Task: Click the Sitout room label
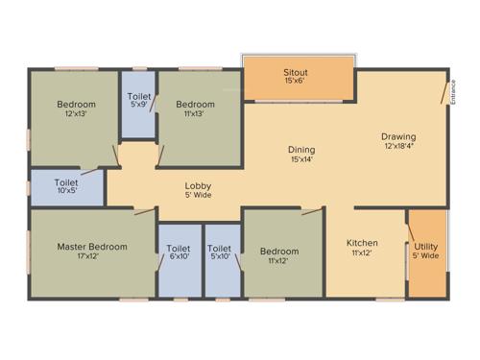(295, 72)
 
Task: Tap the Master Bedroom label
(91, 247)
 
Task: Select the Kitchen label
(362, 243)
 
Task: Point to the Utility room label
(426, 247)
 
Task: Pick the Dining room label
(301, 150)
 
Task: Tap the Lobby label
(199, 185)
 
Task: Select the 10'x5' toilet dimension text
(66, 190)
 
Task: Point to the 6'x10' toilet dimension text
(180, 256)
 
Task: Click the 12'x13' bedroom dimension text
(76, 113)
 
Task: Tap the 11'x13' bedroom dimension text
(195, 113)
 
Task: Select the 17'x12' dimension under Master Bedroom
(91, 256)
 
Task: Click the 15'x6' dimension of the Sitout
(295, 82)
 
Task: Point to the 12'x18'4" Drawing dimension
(400, 146)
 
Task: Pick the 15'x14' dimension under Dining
(301, 159)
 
